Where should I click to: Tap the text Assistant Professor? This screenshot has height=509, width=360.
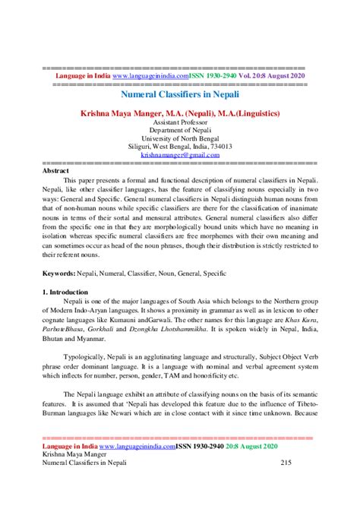[180, 122]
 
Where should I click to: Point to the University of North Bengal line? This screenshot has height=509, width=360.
[180, 138]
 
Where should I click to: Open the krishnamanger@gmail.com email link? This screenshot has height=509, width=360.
[180, 154]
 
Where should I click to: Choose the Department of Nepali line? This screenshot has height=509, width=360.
[180, 130]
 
